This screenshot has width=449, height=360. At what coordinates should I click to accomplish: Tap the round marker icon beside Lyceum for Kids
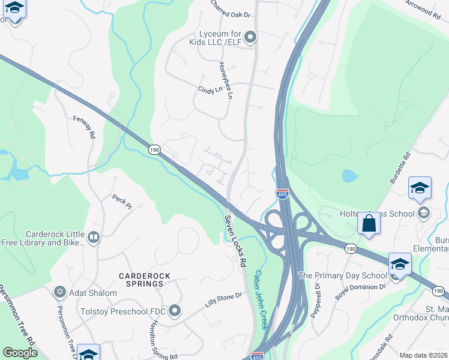tap(251, 38)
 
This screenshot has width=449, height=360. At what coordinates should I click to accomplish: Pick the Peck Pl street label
tap(122, 201)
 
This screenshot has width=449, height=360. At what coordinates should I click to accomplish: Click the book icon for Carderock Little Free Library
tap(93, 238)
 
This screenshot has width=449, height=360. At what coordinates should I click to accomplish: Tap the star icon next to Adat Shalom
tap(59, 292)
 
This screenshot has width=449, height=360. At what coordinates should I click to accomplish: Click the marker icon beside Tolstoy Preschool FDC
tap(175, 310)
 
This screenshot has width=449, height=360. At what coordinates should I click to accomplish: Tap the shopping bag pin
tap(369, 223)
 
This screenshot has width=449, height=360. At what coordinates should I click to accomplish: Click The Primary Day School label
tap(343, 275)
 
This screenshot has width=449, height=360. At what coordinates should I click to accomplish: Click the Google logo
tap(20, 353)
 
